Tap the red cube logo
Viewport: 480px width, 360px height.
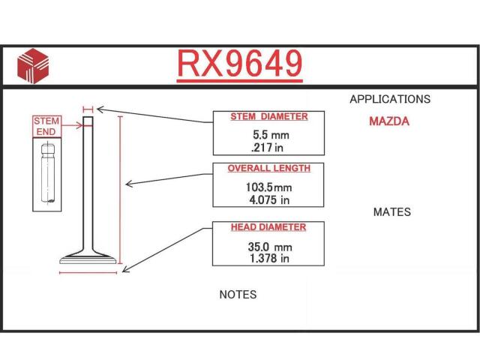click(33, 66)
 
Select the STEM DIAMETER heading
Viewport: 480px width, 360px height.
click(269, 117)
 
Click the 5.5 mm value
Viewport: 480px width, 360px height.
click(271, 135)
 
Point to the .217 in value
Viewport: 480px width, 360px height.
click(267, 148)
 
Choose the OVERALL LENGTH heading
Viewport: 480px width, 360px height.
click(268, 168)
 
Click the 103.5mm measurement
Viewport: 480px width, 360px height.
click(268, 187)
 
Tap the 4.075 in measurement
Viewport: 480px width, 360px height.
click(269, 200)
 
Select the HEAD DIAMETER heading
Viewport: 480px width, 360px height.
click(268, 227)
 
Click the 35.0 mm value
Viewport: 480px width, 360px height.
click(270, 247)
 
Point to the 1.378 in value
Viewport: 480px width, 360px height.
click(269, 258)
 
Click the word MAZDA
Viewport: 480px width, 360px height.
click(389, 121)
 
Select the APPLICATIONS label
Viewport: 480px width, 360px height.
click(390, 99)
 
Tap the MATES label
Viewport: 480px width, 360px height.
click(391, 211)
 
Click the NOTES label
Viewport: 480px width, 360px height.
click(238, 295)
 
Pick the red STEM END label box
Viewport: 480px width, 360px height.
click(46, 127)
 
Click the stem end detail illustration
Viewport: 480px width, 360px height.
click(47, 174)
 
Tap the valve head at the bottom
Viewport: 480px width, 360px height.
click(88, 258)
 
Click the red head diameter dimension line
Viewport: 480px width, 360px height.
click(88, 272)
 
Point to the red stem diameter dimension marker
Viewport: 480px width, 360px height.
click(88, 109)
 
